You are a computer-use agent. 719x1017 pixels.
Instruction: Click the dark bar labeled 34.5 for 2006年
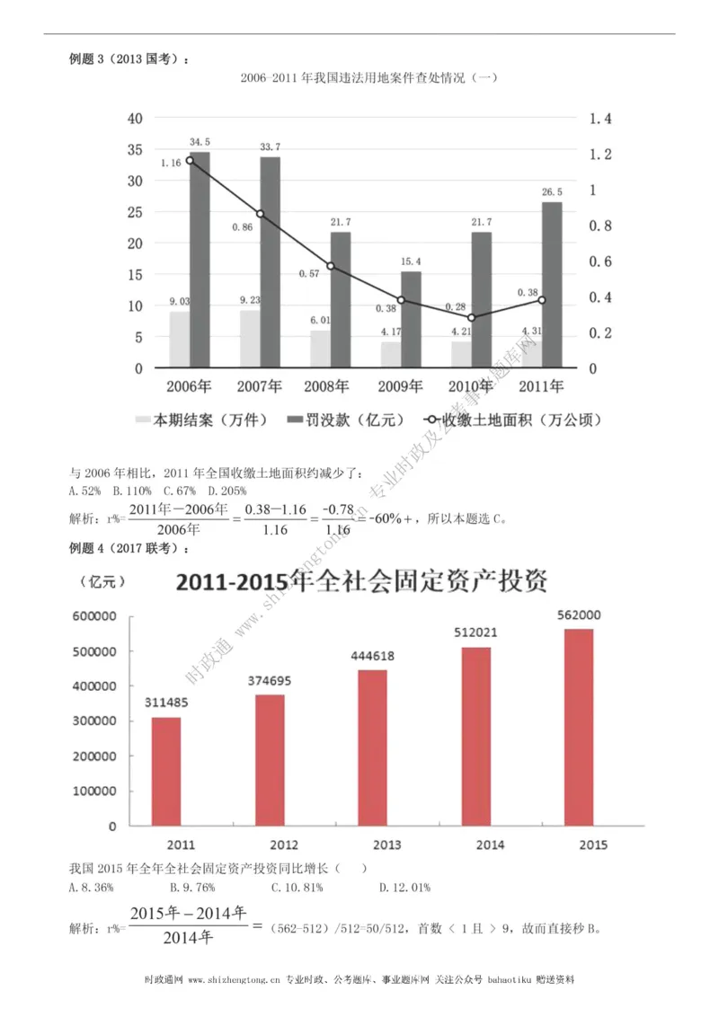200,260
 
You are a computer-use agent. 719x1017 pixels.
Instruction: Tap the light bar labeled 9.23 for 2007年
251,339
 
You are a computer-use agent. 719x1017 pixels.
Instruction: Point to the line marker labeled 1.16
190,161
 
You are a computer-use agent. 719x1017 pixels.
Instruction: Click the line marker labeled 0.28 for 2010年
472,317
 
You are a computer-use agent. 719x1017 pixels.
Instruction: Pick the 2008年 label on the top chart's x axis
328,387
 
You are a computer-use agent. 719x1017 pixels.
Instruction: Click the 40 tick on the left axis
135,119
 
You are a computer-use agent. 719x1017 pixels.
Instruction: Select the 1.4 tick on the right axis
599,119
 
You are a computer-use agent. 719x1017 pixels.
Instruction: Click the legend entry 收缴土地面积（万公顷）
512,420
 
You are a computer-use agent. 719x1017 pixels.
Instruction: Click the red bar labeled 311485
166,771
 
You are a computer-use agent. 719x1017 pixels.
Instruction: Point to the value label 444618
372,656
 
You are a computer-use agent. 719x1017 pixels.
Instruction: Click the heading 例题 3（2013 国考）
128,59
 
